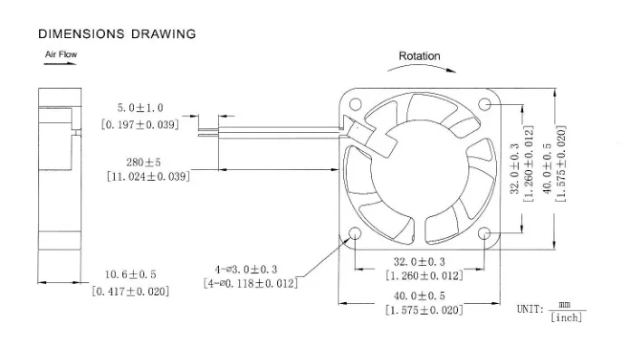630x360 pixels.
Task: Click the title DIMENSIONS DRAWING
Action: (x=116, y=34)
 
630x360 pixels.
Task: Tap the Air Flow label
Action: (x=61, y=55)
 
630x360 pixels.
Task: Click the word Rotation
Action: (x=419, y=56)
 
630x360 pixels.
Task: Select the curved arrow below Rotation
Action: (x=419, y=70)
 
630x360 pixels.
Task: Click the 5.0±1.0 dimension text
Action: (x=139, y=108)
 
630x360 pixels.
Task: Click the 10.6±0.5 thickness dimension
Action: (x=130, y=274)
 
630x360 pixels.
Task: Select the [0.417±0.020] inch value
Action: (x=130, y=290)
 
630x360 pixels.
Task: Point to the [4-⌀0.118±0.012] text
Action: (x=252, y=283)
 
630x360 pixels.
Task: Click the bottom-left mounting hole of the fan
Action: (x=353, y=234)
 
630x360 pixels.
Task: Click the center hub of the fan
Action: (x=415, y=170)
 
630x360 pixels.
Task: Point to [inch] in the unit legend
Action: (x=566, y=317)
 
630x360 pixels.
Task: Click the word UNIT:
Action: (x=530, y=309)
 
